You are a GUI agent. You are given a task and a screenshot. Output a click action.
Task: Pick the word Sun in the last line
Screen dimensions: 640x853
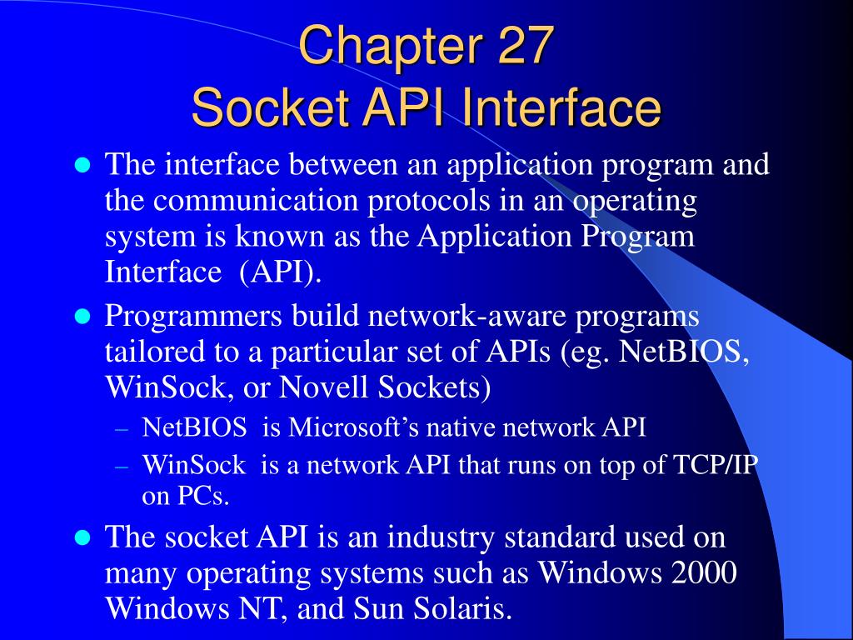tap(372, 609)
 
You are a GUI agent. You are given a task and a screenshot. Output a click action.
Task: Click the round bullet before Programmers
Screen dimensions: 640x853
tap(82, 317)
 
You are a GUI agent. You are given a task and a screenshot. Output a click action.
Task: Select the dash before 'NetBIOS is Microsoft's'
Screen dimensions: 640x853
tap(122, 429)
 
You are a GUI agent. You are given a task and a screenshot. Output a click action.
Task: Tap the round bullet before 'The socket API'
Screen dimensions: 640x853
tap(82, 537)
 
